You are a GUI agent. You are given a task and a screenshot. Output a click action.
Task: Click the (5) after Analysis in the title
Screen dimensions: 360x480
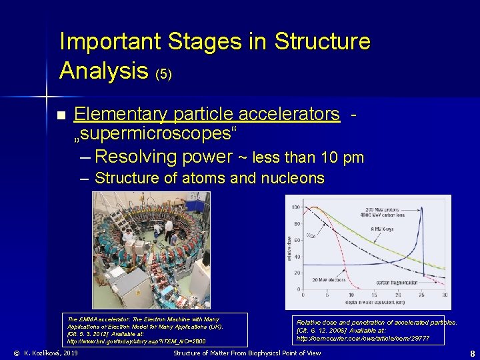pyautogui.click(x=163, y=73)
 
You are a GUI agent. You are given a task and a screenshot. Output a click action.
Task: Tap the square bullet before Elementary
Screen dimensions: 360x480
pyautogui.click(x=61, y=116)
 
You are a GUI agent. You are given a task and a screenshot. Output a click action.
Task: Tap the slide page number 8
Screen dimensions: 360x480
pyautogui.click(x=472, y=353)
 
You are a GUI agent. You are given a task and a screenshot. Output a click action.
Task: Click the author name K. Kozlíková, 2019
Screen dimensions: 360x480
pyautogui.click(x=45, y=353)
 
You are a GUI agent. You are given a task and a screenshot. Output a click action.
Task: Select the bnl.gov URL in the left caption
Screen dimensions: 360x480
pyautogui.click(x=136, y=341)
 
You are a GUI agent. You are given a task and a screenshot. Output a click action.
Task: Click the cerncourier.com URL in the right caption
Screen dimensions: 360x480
pyautogui.click(x=363, y=339)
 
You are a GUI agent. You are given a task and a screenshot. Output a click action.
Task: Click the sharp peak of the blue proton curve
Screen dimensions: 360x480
pyautogui.click(x=427, y=209)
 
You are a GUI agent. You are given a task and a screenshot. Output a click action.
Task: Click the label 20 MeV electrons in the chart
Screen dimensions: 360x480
pyautogui.click(x=321, y=279)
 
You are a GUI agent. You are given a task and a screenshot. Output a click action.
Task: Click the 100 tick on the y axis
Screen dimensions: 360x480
pyautogui.click(x=295, y=207)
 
